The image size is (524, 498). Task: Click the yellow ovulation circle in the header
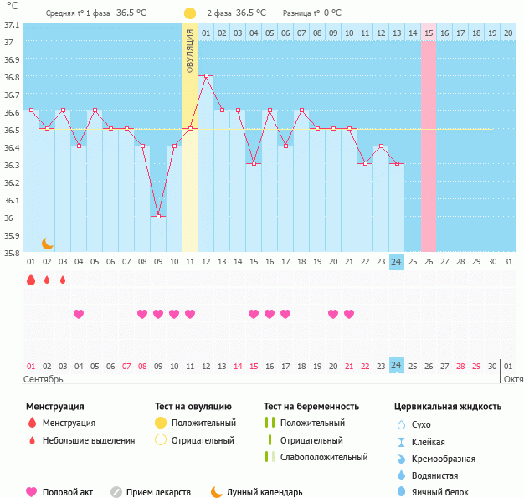pos(190,13)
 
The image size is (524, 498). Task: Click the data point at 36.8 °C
pos(207,75)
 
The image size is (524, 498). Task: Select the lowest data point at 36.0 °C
pos(158,216)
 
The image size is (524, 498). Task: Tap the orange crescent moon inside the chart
pos(48,243)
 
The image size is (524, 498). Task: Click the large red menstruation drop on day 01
pos(31,280)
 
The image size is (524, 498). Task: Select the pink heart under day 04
pos(79,314)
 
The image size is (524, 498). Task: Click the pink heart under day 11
pos(190,314)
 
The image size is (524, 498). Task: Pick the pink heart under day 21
pos(349,314)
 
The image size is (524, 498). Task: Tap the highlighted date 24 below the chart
pos(397,365)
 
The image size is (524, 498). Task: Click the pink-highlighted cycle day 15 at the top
pos(429,33)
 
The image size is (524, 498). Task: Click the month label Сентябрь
pos(44,379)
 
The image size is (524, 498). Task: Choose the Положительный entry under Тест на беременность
pos(312,423)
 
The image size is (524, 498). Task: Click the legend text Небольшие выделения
pos(88,440)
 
